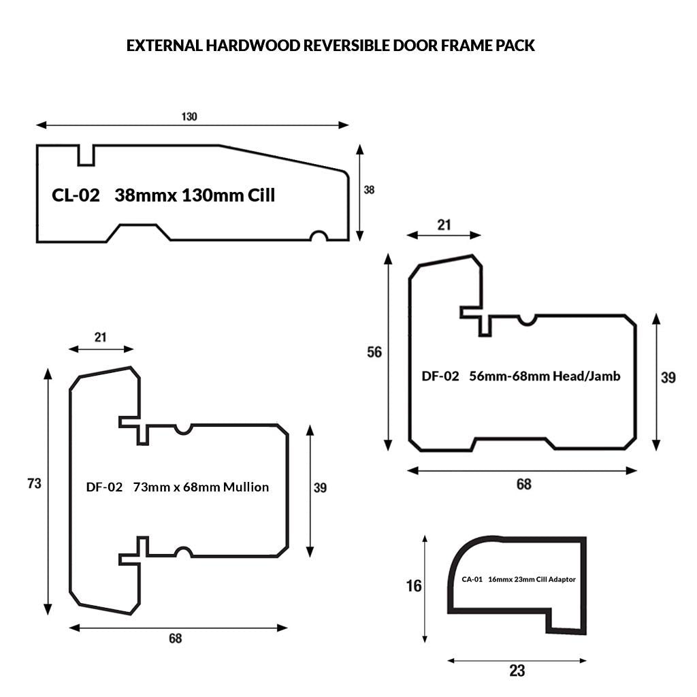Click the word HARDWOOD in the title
[x=253, y=46]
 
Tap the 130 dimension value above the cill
[x=189, y=116]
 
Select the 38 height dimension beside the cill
[x=369, y=190]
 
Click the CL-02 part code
[x=76, y=195]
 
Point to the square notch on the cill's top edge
[x=86, y=156]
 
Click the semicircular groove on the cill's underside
[x=319, y=236]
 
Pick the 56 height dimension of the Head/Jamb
[x=374, y=353]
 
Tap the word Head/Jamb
[x=586, y=376]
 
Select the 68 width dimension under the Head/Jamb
[x=523, y=484]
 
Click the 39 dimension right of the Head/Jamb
[x=668, y=377]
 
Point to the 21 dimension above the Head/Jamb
[x=444, y=225]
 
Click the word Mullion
[x=246, y=487]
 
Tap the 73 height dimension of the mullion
[x=34, y=483]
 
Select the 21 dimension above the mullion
[x=101, y=337]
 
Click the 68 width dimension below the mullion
[x=175, y=638]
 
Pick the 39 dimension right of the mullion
[x=320, y=487]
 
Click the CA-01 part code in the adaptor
[x=472, y=579]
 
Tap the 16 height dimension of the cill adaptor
[x=414, y=586]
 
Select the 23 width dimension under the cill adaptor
[x=517, y=670]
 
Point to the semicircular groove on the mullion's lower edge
[x=183, y=551]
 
